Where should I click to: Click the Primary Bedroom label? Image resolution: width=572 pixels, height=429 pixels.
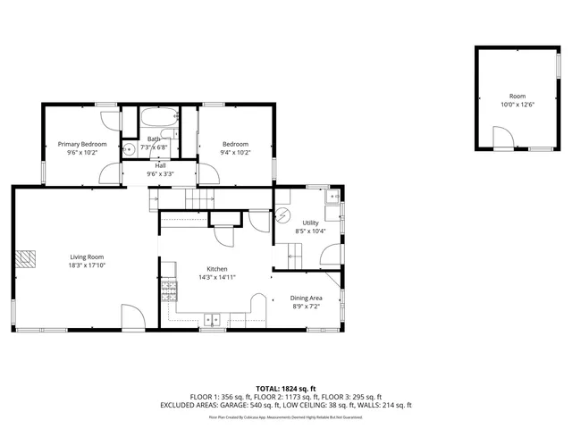tap(82, 144)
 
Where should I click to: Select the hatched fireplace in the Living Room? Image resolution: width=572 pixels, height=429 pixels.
tap(27, 257)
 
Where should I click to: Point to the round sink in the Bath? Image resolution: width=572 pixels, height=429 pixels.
tap(129, 150)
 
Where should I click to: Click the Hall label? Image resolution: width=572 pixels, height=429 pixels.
tap(160, 165)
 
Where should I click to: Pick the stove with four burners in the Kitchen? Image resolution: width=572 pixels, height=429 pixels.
tap(167, 289)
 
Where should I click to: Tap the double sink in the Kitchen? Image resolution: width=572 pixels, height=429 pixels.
tap(213, 318)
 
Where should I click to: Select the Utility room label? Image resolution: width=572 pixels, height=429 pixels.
tap(310, 223)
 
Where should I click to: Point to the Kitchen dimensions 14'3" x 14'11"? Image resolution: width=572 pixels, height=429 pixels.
tap(216, 277)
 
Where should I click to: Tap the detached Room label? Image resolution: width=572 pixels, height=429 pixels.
tap(517, 96)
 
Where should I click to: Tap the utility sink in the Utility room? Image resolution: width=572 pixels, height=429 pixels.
tap(333, 196)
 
